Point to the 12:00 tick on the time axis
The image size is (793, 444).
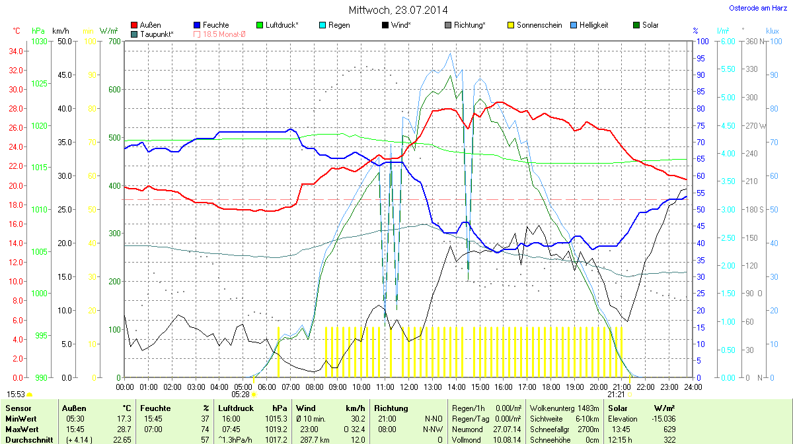[x=409, y=387]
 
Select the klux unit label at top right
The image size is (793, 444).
[x=772, y=31]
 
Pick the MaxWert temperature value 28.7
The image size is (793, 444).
[x=124, y=429]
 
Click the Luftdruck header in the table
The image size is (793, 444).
[x=236, y=408]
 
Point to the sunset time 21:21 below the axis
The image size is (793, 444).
[x=616, y=394]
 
